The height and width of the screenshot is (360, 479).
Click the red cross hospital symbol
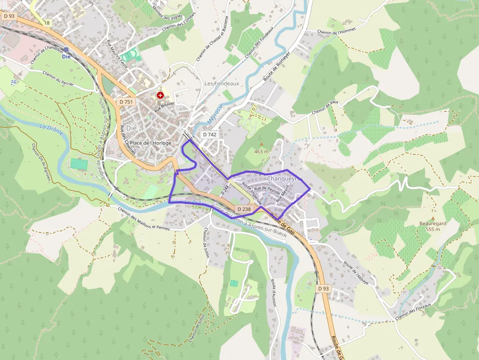pos(160,95)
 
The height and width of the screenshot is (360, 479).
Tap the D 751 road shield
pos(126,102)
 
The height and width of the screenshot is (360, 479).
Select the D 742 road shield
pos(209,134)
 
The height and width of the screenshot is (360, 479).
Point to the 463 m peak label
pos(261,151)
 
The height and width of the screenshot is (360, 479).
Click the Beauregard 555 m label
pos(433,226)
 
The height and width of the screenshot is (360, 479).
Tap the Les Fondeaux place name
pos(221,84)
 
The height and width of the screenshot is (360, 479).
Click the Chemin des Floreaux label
pos(414,311)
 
